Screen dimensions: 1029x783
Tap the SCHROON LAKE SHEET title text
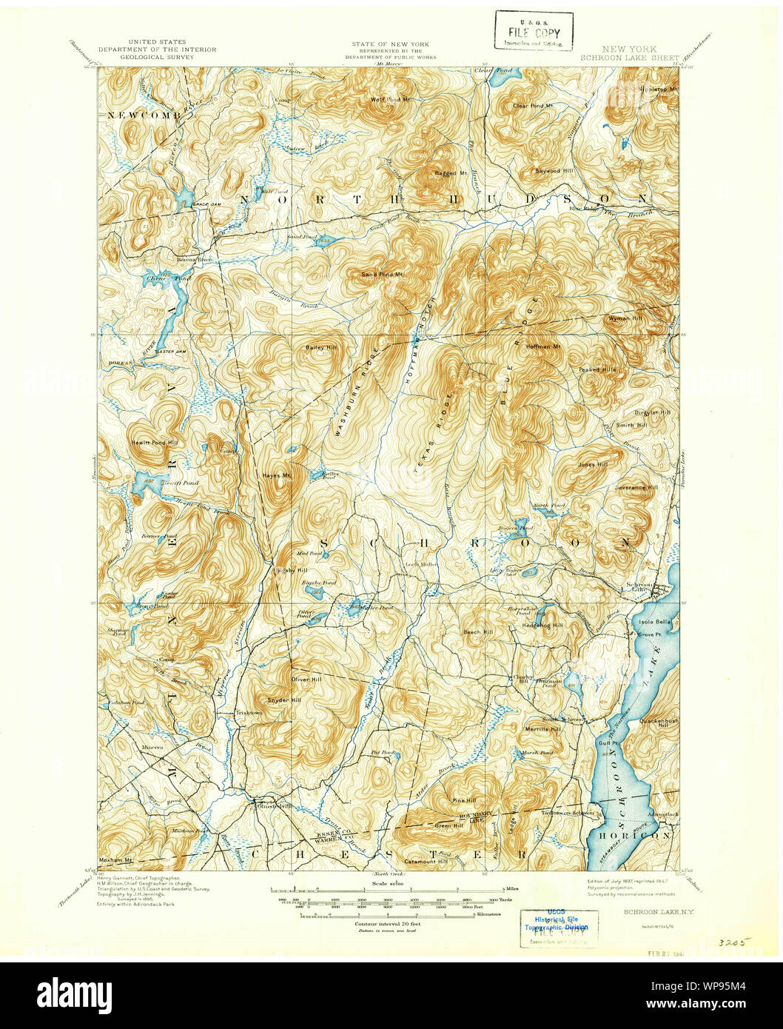click(x=629, y=57)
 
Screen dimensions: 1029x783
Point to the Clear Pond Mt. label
click(x=534, y=106)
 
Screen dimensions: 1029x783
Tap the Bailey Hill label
click(x=320, y=347)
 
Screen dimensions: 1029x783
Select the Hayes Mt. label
click(x=275, y=476)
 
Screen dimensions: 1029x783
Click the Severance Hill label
click(x=636, y=488)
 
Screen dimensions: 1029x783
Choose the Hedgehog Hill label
click(x=542, y=626)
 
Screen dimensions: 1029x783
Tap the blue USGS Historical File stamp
click(x=557, y=922)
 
